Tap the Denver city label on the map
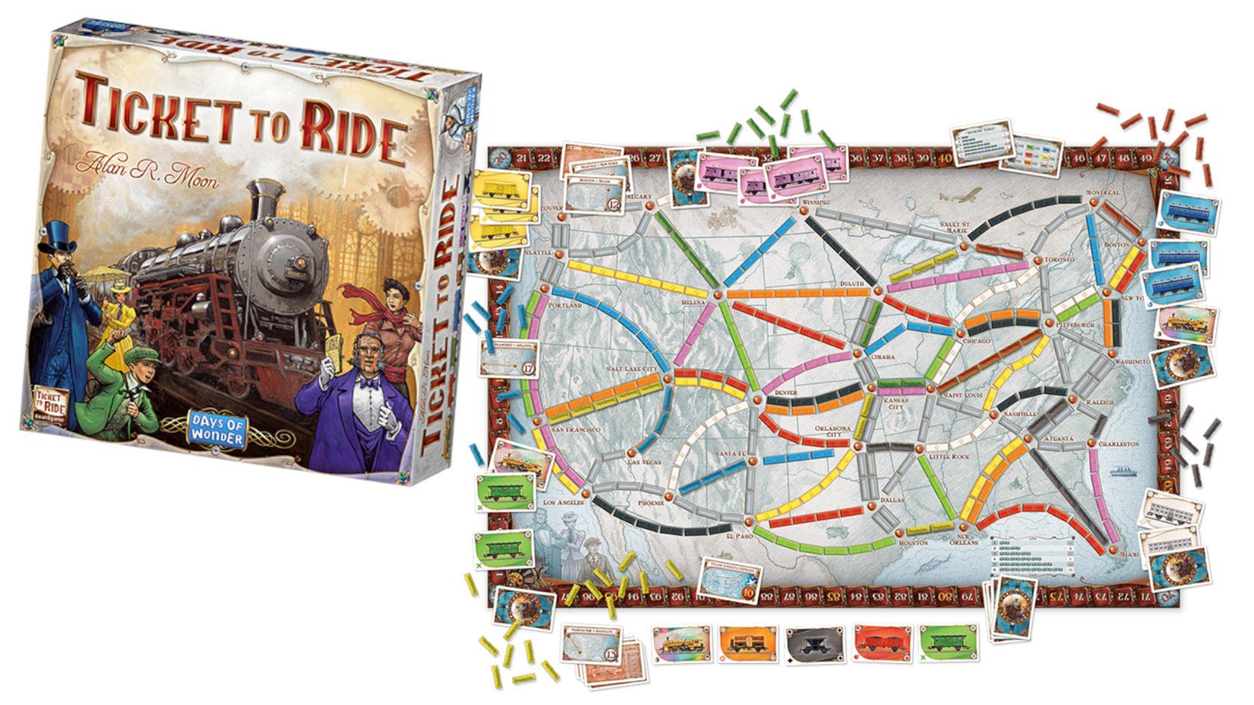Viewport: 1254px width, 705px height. click(786, 392)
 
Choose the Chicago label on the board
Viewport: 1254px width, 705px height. click(976, 341)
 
